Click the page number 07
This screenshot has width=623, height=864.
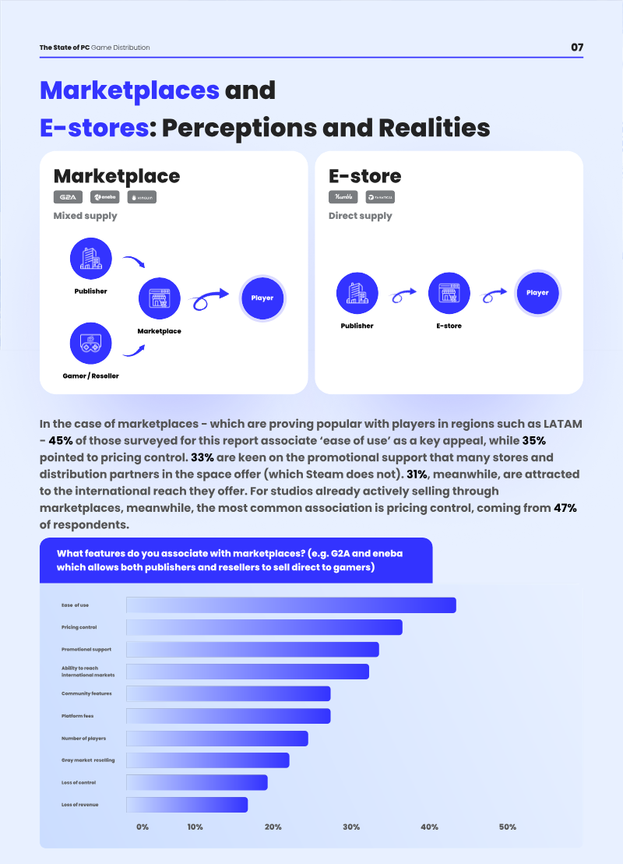[577, 48]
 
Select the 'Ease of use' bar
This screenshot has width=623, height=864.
[290, 605]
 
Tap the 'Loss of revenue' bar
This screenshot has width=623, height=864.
[187, 805]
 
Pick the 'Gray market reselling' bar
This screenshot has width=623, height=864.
[207, 760]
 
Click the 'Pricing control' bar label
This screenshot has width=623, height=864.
[79, 627]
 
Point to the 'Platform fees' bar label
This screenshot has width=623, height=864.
[78, 716]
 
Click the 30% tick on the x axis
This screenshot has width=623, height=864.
[351, 827]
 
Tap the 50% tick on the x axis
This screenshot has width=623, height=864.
[508, 827]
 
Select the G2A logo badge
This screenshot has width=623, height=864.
[68, 197]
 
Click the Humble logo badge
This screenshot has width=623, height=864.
[343, 197]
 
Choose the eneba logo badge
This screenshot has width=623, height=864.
[104, 197]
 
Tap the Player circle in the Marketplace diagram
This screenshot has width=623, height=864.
[262, 298]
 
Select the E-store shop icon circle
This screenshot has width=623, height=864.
[449, 294]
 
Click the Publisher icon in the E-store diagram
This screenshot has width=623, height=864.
[357, 294]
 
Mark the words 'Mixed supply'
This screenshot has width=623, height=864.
[85, 216]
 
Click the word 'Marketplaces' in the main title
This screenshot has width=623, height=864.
[129, 90]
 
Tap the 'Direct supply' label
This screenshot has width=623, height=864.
[361, 216]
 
